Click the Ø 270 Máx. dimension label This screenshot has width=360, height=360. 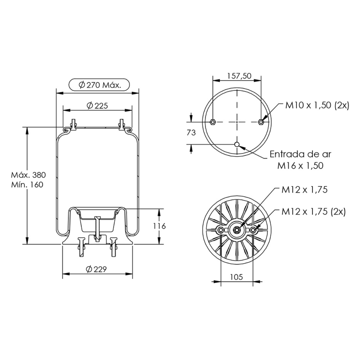[100, 85]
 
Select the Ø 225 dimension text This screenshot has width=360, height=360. [97, 105]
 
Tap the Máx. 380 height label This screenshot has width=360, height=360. [28, 175]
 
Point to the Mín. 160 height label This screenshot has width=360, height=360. [27, 184]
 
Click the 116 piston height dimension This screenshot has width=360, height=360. [159, 226]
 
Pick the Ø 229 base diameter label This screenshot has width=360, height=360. [96, 269]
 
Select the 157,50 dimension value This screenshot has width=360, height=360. [237, 76]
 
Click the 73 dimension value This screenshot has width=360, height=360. [191, 132]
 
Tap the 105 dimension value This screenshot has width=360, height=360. [236, 277]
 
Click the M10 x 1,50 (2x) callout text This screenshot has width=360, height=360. [317, 105]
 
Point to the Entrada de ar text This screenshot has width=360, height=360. [300, 154]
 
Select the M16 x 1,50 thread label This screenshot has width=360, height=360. [300, 165]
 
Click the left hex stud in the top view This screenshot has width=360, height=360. [213, 122]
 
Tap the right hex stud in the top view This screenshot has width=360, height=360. [261, 122]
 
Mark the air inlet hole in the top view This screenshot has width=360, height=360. [237, 145]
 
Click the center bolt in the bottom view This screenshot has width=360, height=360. [237, 230]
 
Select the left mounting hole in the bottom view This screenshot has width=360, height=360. [221, 230]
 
